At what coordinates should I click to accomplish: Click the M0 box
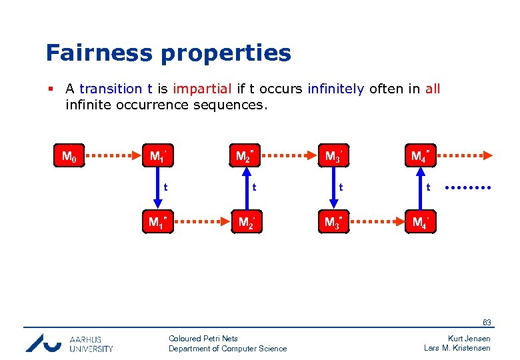68,157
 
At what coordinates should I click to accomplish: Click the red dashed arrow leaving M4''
467,157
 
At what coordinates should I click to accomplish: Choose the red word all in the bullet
433,89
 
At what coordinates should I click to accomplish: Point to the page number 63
487,323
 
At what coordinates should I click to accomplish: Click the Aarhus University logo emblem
43,343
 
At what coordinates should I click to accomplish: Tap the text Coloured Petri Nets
203,339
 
